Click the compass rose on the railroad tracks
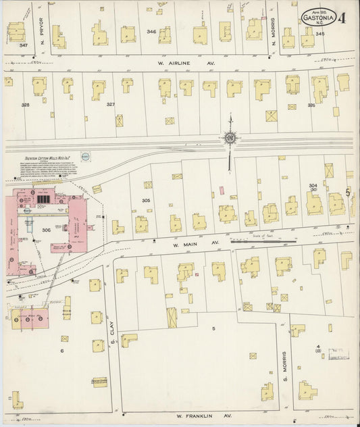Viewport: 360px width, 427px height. click(x=230, y=139)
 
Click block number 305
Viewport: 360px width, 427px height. click(x=145, y=201)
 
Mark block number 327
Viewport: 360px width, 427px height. click(x=110, y=105)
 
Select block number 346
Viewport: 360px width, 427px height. click(x=152, y=32)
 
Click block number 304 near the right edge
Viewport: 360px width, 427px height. click(x=313, y=185)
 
